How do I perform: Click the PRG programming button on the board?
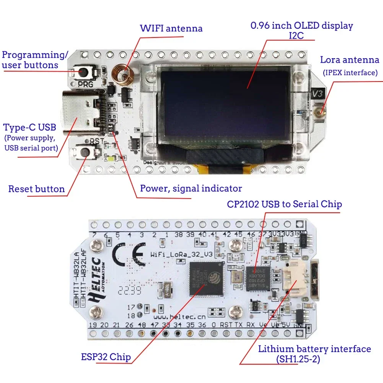pos(85,72)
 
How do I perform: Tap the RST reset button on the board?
pos(85,152)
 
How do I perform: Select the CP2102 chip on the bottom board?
pos(258,279)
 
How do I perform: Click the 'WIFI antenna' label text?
pos(171,28)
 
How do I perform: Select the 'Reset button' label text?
pos(36,189)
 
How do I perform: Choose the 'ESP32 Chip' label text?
pos(106,357)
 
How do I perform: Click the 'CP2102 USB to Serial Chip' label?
pos(284,204)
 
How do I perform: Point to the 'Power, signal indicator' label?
pos(191,188)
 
